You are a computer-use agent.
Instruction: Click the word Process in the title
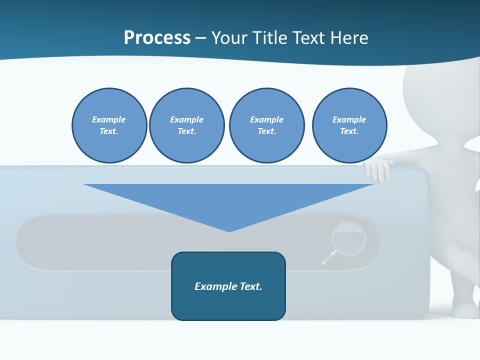157,38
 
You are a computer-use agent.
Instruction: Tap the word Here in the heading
349,38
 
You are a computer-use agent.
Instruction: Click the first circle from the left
109,125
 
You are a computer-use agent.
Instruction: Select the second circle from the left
186,125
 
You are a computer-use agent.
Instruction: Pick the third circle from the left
266,125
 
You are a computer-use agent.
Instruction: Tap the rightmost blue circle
349,125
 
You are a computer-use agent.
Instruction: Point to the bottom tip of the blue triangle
229,231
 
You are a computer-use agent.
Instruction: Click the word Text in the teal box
251,286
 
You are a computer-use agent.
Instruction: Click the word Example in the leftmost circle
109,119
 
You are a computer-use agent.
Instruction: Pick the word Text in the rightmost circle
349,131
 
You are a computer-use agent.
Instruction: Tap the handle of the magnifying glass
328,258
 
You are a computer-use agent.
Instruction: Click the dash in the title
200,38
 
